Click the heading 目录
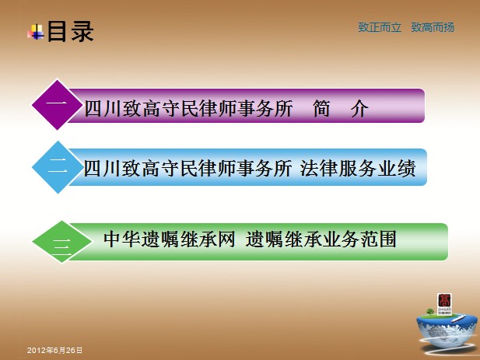pyautogui.click(x=70, y=31)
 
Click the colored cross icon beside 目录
pyautogui.click(x=36, y=32)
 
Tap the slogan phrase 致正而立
pyautogui.click(x=380, y=27)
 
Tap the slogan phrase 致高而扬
pyautogui.click(x=433, y=27)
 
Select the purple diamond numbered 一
pyautogui.click(x=58, y=105)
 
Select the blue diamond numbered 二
pyautogui.click(x=58, y=167)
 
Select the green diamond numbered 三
pyautogui.click(x=61, y=242)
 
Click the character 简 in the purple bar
pyautogui.click(x=321, y=108)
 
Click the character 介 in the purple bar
pyautogui.click(x=359, y=108)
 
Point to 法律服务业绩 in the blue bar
pyautogui.click(x=358, y=168)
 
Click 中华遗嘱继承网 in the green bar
pyautogui.click(x=170, y=239)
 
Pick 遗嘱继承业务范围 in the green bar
pyautogui.click(x=321, y=239)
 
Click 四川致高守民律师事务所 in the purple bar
pyautogui.click(x=188, y=108)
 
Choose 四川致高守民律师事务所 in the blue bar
pyautogui.click(x=187, y=168)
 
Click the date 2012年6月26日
pyautogui.click(x=54, y=350)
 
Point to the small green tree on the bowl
pyautogui.click(x=431, y=312)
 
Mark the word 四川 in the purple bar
pyautogui.click(x=103, y=108)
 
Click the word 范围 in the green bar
pyautogui.click(x=377, y=239)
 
